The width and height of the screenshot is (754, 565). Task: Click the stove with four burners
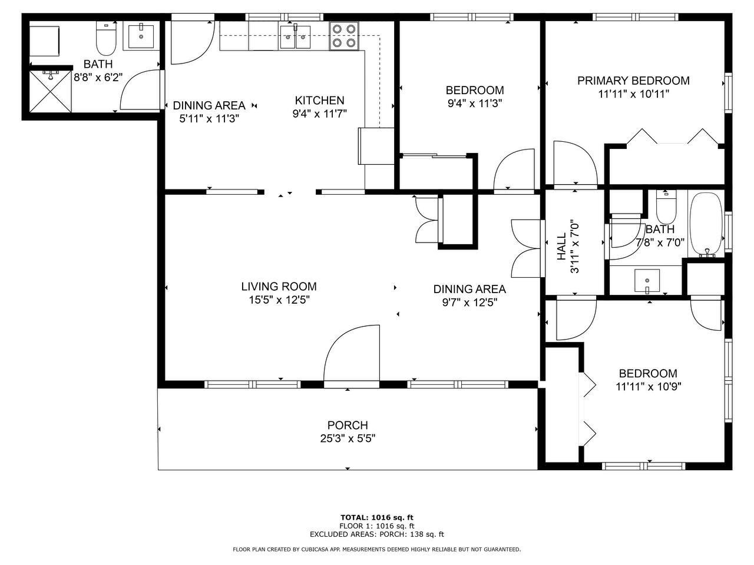344,36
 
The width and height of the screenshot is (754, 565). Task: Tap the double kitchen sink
296,37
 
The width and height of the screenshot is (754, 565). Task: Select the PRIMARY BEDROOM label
633,81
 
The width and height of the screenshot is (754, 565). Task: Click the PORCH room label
348,425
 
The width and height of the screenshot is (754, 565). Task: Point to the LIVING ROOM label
279,287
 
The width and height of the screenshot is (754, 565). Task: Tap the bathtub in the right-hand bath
706,225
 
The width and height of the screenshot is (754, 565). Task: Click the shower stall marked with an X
50,91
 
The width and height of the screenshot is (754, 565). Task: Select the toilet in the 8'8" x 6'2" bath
107,38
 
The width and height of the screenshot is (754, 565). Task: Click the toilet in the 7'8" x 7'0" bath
666,207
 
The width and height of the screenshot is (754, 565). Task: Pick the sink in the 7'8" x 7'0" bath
647,281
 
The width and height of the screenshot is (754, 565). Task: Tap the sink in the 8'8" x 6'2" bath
141,36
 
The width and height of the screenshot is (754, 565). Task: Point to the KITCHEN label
319,100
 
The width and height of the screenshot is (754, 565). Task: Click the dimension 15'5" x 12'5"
279,300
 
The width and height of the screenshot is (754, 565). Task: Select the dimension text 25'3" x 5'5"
348,438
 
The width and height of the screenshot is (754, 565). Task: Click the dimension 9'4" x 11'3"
475,103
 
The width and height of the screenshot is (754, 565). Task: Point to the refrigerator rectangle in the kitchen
376,146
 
